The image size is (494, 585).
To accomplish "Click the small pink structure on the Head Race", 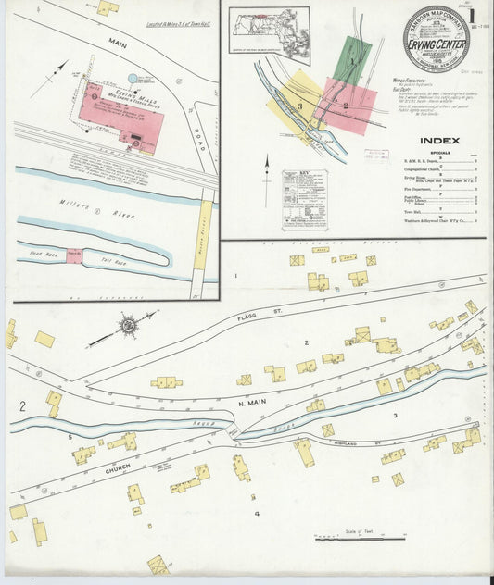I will [x=73, y=255].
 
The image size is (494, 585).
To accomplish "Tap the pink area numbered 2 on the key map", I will [x=346, y=106].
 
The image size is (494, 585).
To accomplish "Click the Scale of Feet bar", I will [x=347, y=538].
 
